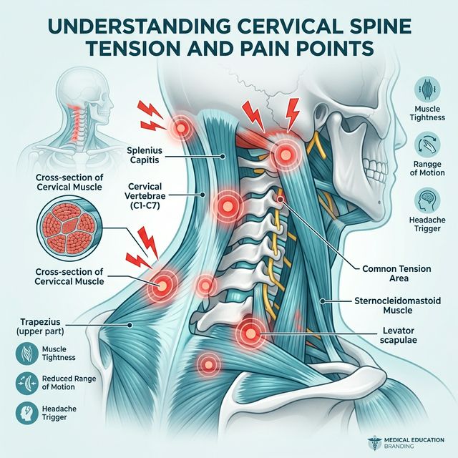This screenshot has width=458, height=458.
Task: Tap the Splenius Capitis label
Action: tap(147, 155)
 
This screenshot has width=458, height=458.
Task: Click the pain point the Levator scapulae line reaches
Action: tap(250, 331)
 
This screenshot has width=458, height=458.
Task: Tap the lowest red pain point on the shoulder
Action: tap(208, 364)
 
